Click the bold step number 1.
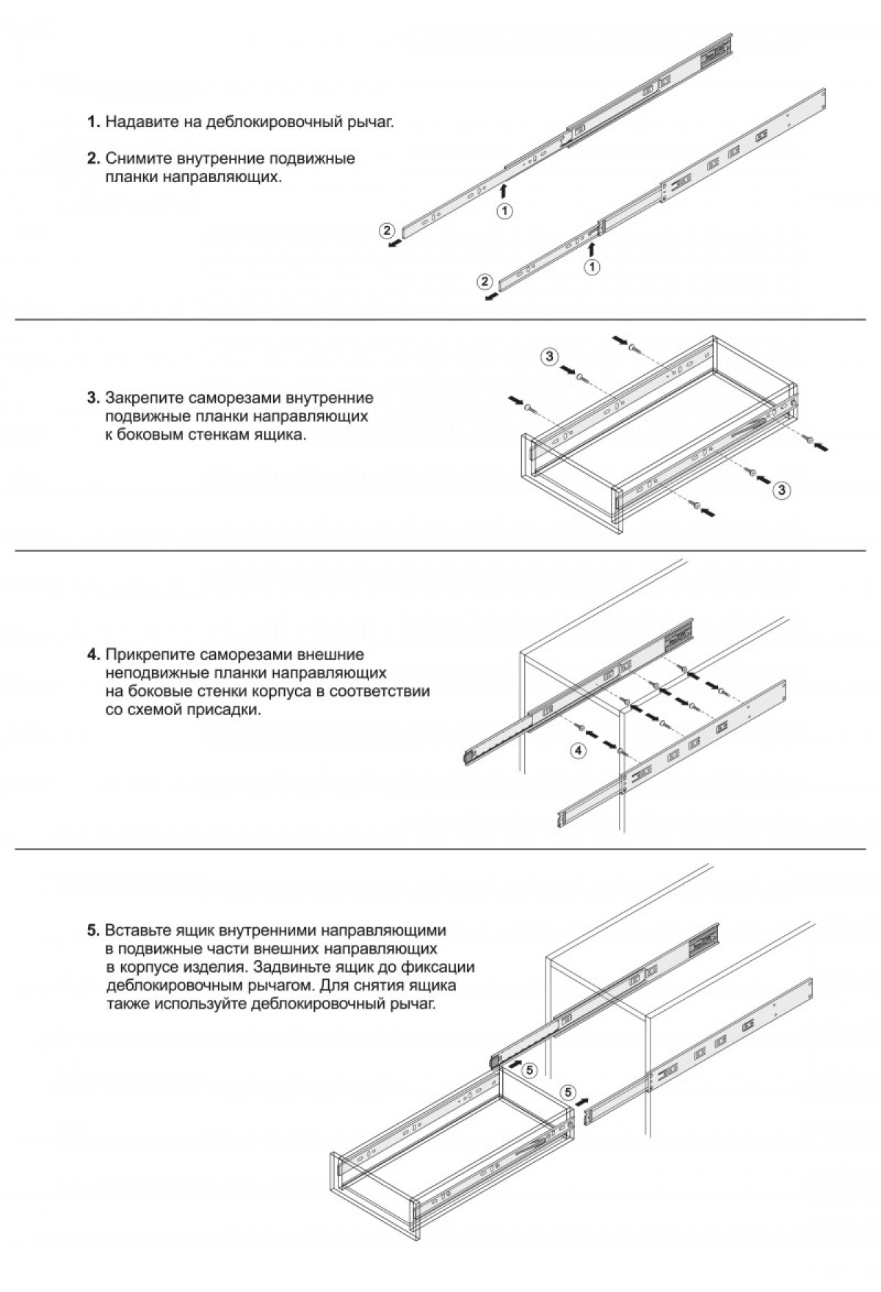coord(93,122)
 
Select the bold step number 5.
coord(93,931)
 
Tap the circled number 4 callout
coord(579,750)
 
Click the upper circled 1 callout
coord(504,211)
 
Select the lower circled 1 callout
coord(592,267)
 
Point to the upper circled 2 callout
coord(386,230)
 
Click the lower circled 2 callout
coord(483,282)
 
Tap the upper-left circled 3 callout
coord(548,357)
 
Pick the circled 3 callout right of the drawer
coord(783,490)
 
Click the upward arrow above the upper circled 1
coord(504,191)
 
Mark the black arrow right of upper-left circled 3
coord(568,371)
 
